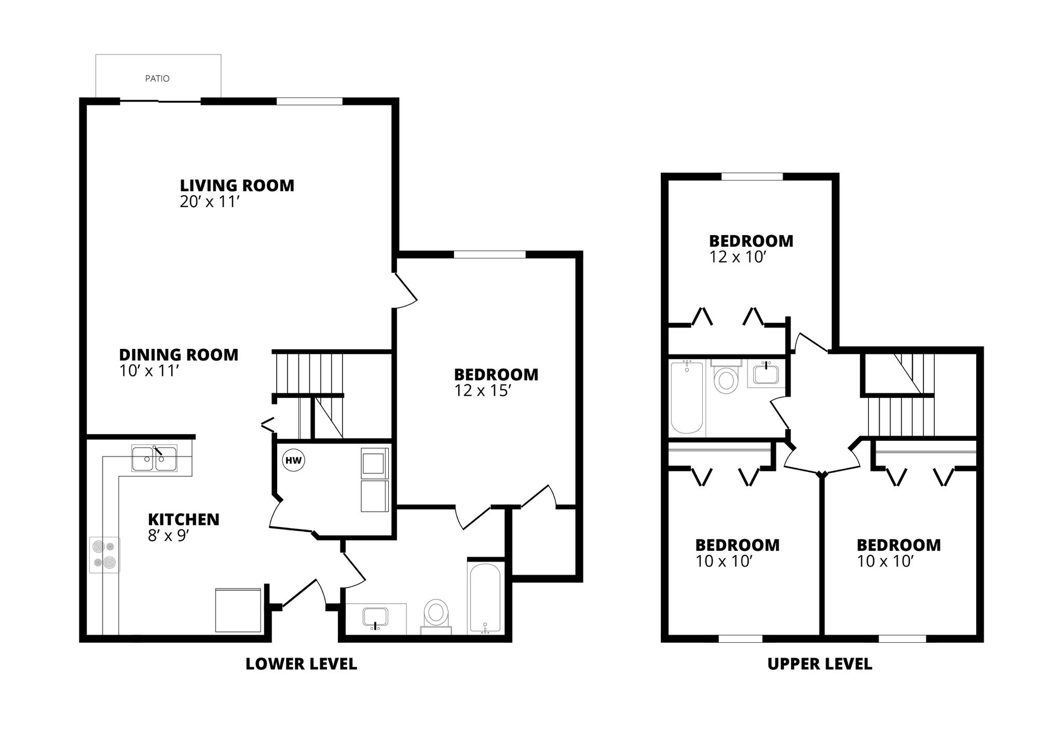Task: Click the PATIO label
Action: (157, 78)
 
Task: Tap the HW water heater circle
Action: (293, 461)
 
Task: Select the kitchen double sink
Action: (154, 458)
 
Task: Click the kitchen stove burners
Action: (104, 555)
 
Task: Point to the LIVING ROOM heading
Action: (237, 185)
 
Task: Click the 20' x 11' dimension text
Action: (209, 202)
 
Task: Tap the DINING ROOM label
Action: (179, 355)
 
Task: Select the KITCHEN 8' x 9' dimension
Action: (167, 536)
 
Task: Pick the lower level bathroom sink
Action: (375, 617)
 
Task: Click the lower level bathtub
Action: (484, 597)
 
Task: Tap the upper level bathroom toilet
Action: (726, 379)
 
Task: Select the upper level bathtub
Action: (687, 397)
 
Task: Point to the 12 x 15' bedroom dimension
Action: (483, 391)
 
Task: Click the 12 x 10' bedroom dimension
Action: (738, 258)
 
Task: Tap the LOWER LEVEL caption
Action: (301, 664)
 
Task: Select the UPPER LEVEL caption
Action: (820, 664)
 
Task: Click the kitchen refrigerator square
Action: (238, 610)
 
